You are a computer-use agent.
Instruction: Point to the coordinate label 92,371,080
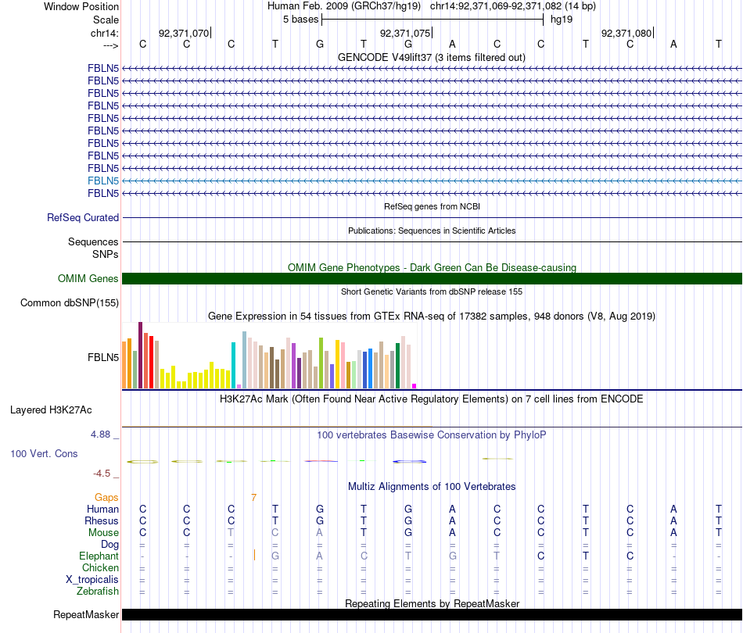pyautogui.click(x=626, y=34)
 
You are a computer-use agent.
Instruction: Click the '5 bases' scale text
pyautogui.click(x=300, y=19)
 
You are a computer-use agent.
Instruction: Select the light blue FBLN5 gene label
pyautogui.click(x=103, y=181)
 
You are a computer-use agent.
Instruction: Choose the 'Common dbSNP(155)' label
pyautogui.click(x=70, y=303)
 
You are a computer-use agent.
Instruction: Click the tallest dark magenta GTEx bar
pyautogui.click(x=140, y=355)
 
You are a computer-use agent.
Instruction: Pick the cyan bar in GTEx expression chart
pyautogui.click(x=234, y=365)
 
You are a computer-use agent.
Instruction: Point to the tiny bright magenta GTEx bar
pyautogui.click(x=415, y=385)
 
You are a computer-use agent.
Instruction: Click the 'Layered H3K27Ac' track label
pyautogui.click(x=51, y=409)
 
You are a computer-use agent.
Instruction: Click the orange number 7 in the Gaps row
pyautogui.click(x=253, y=497)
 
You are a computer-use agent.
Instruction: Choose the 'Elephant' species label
pyautogui.click(x=99, y=556)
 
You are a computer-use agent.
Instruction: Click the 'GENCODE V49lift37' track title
pyautogui.click(x=431, y=57)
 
